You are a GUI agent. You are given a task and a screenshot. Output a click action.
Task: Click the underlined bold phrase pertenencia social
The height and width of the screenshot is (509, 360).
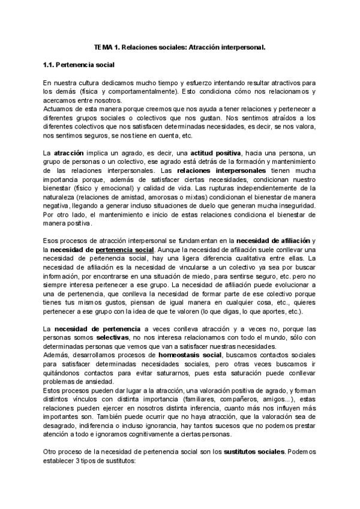click(125, 250)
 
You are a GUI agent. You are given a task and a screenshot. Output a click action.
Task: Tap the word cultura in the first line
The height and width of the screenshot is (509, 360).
click(91, 82)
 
